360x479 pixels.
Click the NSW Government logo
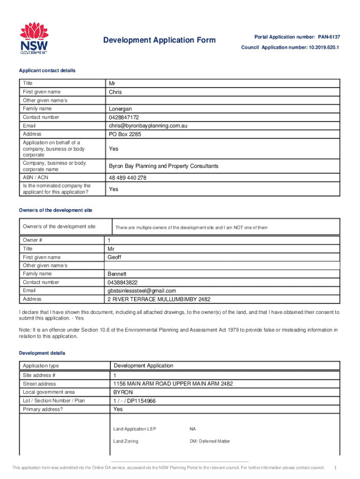click(x=34, y=38)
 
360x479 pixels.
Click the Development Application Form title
click(x=159, y=40)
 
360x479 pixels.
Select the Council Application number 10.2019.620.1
click(x=290, y=48)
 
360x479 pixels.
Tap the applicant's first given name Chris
click(x=115, y=92)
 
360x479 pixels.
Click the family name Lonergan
click(x=121, y=109)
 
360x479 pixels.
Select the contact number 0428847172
click(x=124, y=117)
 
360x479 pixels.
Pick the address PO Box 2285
click(x=125, y=134)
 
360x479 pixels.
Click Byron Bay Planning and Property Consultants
click(x=164, y=166)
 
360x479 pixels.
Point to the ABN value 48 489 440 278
click(x=128, y=178)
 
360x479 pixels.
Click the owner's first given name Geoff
click(x=115, y=257)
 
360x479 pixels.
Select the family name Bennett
click(x=117, y=274)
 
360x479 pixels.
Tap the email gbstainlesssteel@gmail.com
click(x=142, y=290)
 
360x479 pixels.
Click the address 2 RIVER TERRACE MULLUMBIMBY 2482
click(x=159, y=299)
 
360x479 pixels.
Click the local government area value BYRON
click(x=123, y=392)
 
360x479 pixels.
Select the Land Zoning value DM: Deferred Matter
click(x=209, y=441)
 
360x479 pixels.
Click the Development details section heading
click(x=42, y=353)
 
